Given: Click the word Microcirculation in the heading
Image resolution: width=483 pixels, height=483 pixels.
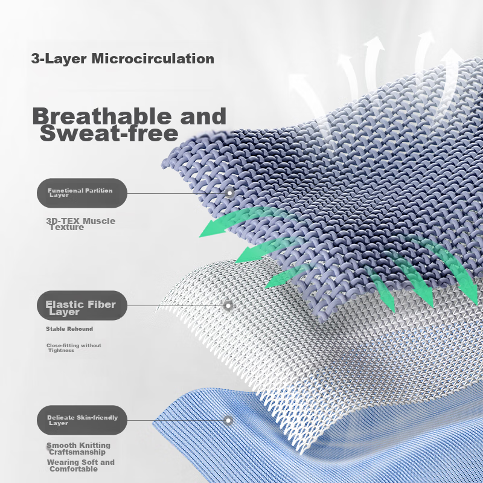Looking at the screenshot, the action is (153, 59).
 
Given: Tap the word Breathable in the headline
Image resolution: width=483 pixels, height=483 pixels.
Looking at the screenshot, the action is (102, 116).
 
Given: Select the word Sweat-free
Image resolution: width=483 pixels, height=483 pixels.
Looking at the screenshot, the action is (109, 133).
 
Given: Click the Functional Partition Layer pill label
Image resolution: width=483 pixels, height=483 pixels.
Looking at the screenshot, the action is (82, 193).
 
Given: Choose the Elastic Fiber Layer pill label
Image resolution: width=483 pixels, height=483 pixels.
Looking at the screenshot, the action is (82, 305).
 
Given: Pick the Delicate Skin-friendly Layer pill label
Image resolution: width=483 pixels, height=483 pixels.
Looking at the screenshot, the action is (82, 420).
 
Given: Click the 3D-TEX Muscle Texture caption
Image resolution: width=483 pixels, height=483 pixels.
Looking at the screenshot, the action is (81, 224).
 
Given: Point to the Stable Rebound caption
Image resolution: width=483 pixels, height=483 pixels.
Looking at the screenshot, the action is (69, 328).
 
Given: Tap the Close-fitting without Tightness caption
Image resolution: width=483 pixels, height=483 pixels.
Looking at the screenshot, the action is (74, 348).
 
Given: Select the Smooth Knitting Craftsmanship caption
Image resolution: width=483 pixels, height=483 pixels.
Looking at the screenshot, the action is (78, 449).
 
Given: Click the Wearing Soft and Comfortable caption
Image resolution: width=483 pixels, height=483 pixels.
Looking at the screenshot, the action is (81, 465).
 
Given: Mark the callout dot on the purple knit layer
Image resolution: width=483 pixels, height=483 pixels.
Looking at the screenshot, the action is (229, 193).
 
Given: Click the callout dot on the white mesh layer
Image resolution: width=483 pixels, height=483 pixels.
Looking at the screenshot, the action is (228, 305).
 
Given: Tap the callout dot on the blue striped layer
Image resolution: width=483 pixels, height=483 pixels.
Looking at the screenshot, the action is (228, 420).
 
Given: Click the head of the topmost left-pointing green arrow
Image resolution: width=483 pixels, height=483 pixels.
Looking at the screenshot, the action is (213, 229).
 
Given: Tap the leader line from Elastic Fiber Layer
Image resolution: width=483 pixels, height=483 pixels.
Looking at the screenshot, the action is (175, 305).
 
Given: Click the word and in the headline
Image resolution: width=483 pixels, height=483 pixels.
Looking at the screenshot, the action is (203, 116).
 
